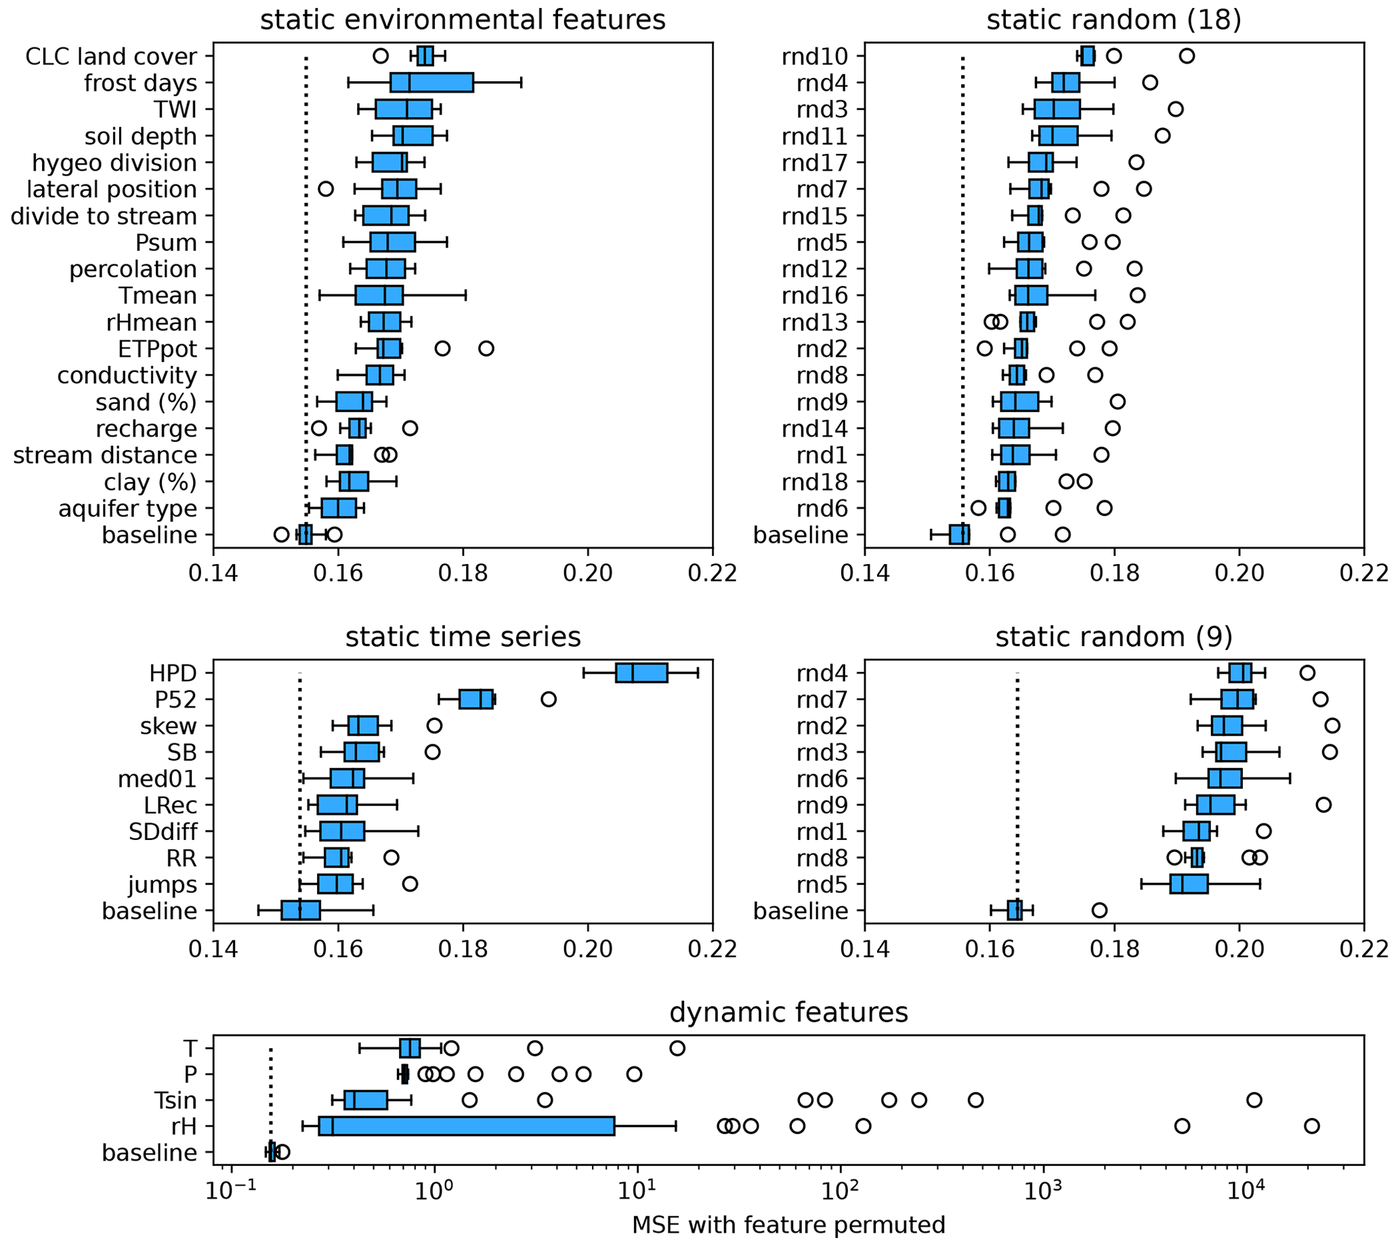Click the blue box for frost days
[431, 82]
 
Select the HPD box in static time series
[642, 673]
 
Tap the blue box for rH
[467, 1126]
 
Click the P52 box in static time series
[476, 699]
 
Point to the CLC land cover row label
[111, 56]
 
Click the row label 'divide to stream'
[104, 216]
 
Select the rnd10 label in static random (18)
[814, 56]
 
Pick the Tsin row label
[176, 1100]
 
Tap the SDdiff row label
[163, 831]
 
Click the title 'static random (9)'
[1113, 637]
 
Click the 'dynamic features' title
[788, 1012]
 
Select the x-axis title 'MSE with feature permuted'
[788, 1225]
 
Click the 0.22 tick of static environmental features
[713, 572]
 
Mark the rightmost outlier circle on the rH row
[1312, 1126]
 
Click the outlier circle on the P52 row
[549, 699]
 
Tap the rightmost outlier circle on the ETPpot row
[486, 348]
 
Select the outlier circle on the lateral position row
[326, 188]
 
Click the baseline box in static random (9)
[1015, 910]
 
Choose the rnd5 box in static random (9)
[1189, 884]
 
